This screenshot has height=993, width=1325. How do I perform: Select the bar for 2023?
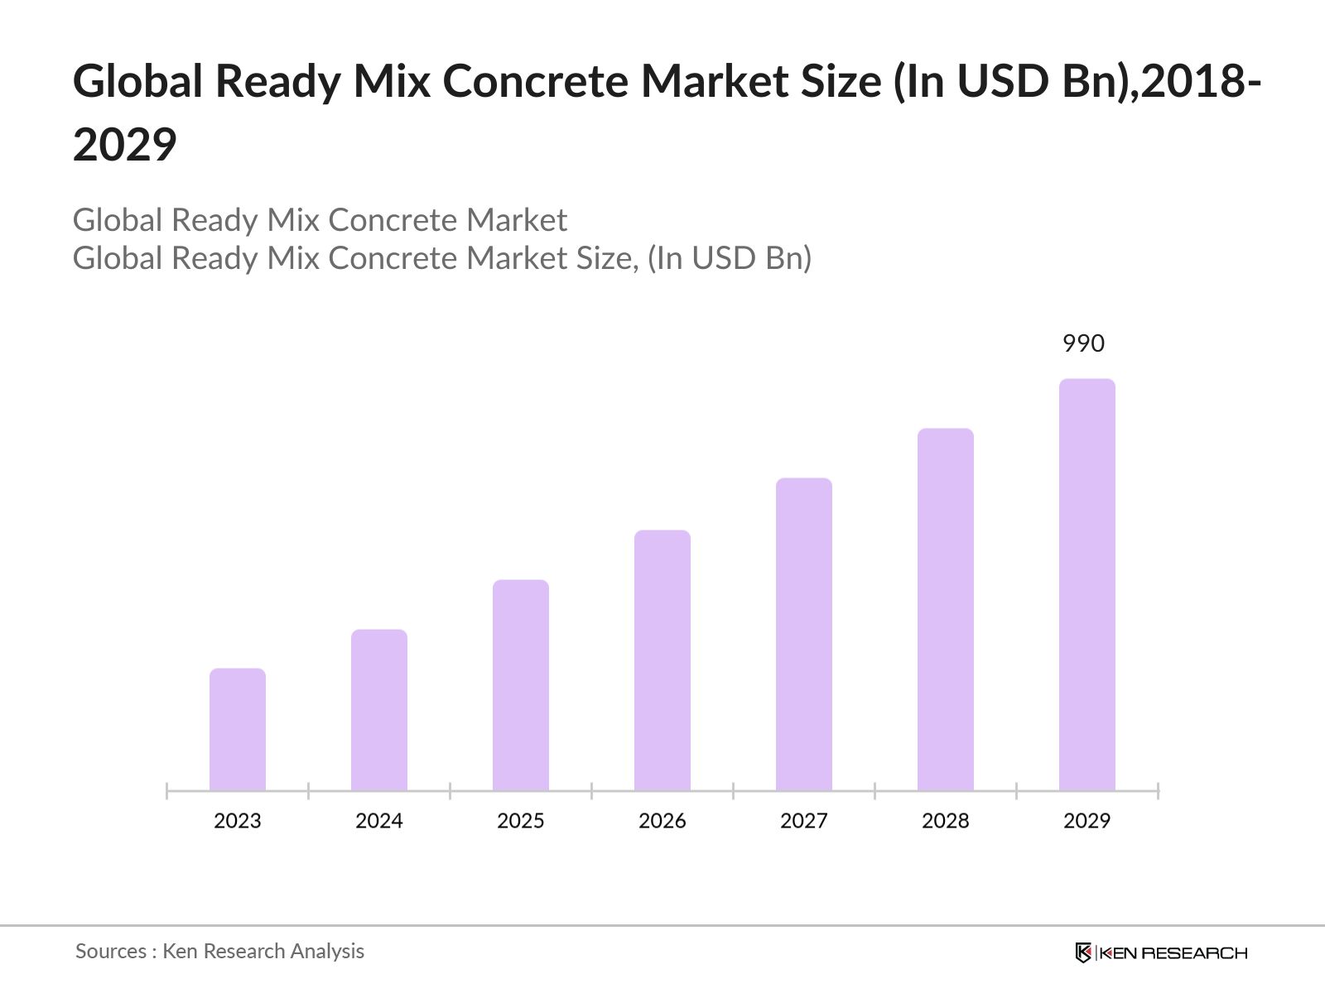238,729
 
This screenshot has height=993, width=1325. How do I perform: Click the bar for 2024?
379,710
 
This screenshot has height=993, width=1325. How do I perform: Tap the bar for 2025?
521,685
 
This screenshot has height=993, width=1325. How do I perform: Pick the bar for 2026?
662,660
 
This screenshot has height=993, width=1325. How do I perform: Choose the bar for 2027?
804,634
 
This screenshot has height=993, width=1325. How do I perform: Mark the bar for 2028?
946,609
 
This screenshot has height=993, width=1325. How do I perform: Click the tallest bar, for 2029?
1087,584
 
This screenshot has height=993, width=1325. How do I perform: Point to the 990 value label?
1083,343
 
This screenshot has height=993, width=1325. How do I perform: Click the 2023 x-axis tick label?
238,821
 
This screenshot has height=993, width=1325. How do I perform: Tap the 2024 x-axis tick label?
379,821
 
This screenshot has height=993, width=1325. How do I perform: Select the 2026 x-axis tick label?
662,821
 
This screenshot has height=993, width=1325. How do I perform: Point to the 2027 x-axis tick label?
804,821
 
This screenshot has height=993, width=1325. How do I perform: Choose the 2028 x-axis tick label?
946,821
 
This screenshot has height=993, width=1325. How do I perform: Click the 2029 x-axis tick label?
1087,821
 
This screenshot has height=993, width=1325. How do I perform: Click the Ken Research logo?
1161,952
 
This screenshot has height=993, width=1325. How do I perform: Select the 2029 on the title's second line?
125,145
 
